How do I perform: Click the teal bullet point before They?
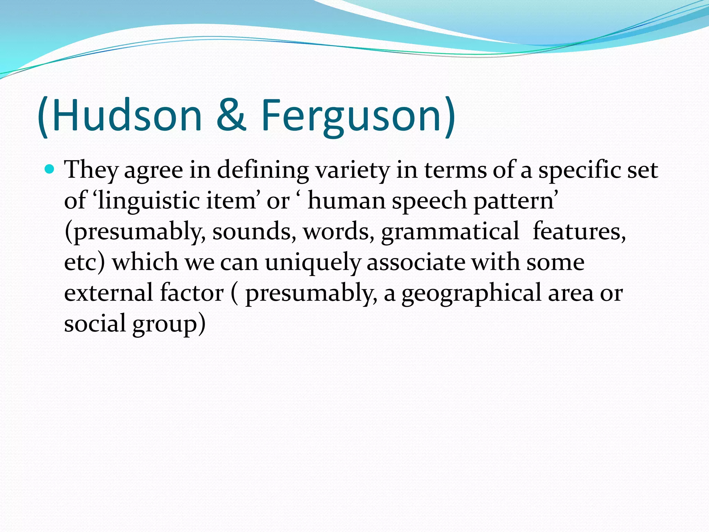click(50, 169)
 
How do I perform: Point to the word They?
click(91, 170)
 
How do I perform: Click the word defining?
click(263, 170)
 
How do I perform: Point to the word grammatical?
click(450, 231)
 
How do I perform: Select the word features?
click(578, 231)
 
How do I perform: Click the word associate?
click(416, 262)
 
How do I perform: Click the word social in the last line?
click(95, 323)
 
